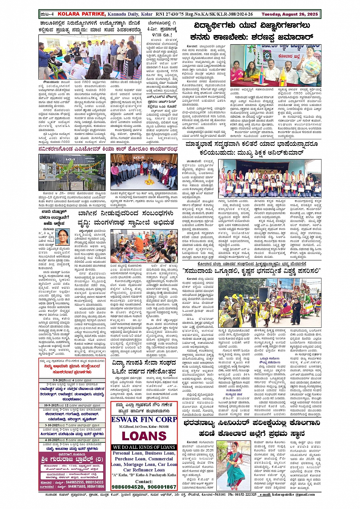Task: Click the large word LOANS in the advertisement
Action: point(144,436)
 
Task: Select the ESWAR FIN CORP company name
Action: point(144,419)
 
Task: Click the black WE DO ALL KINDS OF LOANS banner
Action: point(144,447)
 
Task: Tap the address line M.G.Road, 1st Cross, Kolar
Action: point(144,426)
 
